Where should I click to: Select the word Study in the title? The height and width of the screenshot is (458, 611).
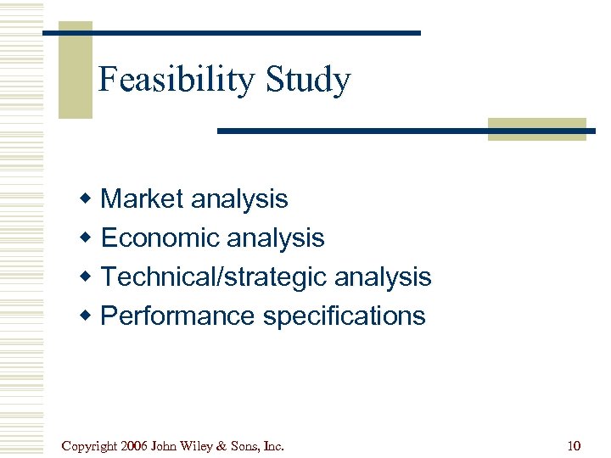click(307, 81)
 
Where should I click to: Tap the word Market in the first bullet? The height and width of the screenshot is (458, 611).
click(142, 199)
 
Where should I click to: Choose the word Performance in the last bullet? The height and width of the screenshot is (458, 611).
click(177, 316)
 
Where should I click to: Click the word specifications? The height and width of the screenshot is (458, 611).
click(344, 316)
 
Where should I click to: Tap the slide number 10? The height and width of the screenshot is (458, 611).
click(573, 445)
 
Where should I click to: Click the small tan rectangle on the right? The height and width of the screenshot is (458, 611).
click(536, 129)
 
